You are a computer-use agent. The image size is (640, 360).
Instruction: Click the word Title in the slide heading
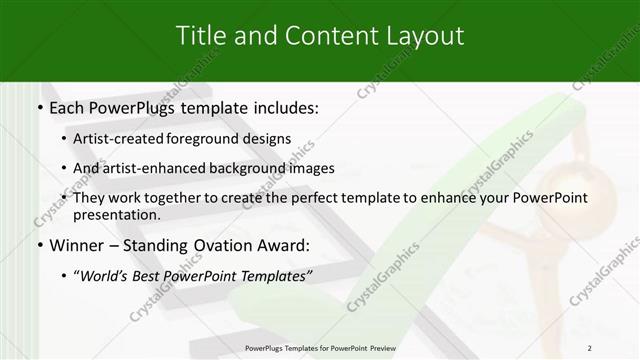click(x=203, y=36)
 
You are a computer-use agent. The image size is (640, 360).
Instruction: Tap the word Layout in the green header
click(x=420, y=36)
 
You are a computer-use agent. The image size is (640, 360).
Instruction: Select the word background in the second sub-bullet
click(x=263, y=168)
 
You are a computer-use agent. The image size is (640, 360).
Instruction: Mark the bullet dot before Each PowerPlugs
click(x=38, y=107)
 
